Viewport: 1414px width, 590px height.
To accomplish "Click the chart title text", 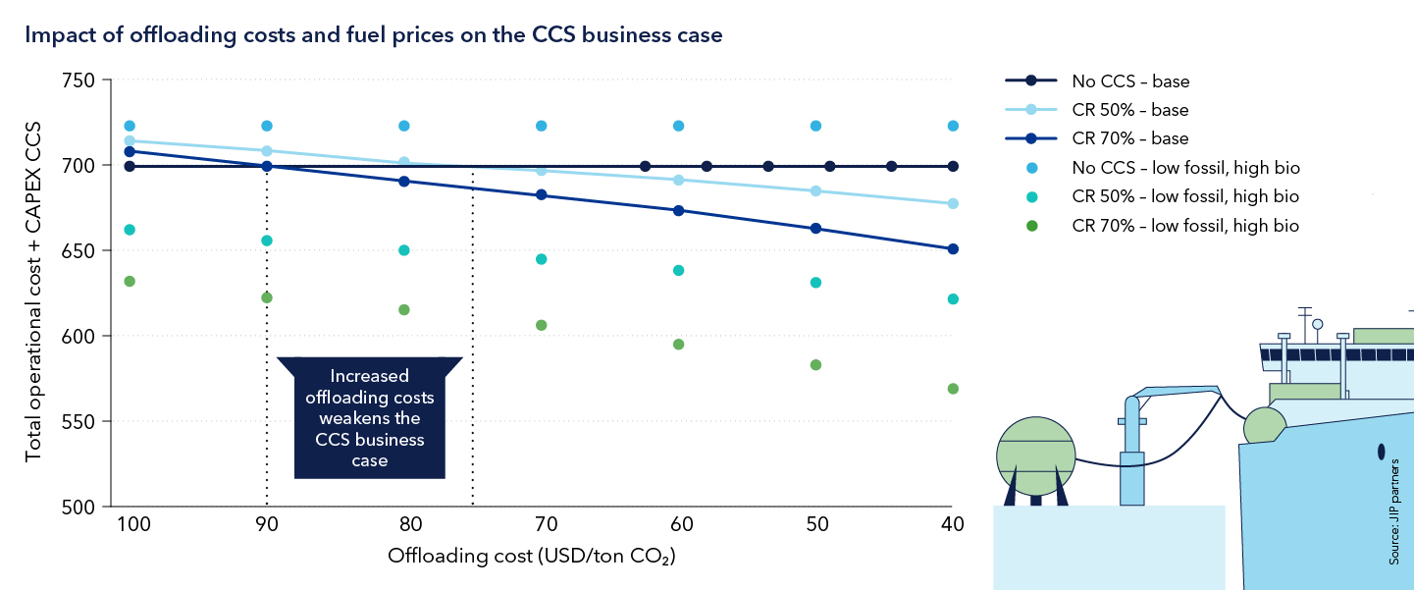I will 373,36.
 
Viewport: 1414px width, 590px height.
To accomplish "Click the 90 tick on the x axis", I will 267,523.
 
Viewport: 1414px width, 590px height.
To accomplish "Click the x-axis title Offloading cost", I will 533,557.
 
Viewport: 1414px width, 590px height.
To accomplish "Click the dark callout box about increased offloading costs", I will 370,418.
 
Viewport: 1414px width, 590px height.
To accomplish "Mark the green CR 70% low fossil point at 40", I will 953,389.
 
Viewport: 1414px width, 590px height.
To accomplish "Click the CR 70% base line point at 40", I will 953,249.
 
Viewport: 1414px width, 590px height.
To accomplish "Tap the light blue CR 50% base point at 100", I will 130,141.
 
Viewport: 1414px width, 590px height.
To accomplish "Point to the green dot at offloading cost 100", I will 130,282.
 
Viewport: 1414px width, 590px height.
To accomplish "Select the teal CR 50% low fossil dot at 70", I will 541,259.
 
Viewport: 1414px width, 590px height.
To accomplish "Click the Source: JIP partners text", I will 1393,524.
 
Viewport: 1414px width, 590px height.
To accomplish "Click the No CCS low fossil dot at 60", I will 678,126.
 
